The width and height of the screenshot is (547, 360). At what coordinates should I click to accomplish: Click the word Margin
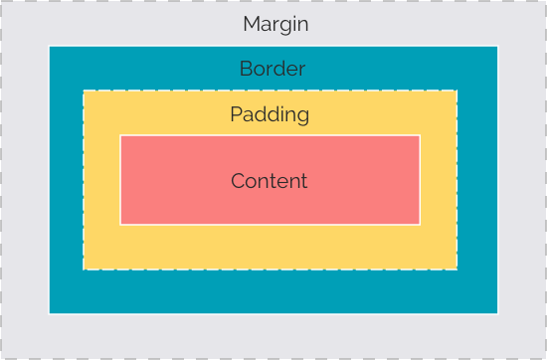pyautogui.click(x=275, y=24)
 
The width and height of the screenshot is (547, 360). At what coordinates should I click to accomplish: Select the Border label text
pyautogui.click(x=273, y=70)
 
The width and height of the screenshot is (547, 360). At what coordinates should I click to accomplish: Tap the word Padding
pyautogui.click(x=270, y=115)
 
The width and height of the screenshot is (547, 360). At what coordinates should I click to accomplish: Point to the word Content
pyautogui.click(x=270, y=181)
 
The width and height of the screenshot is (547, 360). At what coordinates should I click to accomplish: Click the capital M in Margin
pyautogui.click(x=252, y=24)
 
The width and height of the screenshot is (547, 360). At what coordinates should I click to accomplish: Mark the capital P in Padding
pyautogui.click(x=236, y=114)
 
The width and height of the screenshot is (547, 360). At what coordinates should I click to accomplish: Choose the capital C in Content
pyautogui.click(x=238, y=181)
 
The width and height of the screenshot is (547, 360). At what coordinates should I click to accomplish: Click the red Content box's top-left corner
pyautogui.click(x=120, y=135)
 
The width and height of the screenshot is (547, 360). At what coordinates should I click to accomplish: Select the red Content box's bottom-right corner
pyautogui.click(x=420, y=224)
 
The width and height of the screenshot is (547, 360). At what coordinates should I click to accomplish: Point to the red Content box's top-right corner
pyautogui.click(x=420, y=135)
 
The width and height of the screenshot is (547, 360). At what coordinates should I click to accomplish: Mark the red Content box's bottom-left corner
pyautogui.click(x=120, y=224)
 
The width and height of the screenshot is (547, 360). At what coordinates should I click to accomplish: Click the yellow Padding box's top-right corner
pyautogui.click(x=456, y=90)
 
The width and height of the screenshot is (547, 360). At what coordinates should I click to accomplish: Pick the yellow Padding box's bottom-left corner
pyautogui.click(x=84, y=270)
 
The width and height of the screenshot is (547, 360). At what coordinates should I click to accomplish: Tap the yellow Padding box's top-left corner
pyautogui.click(x=84, y=90)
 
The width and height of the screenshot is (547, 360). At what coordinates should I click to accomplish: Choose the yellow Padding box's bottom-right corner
pyautogui.click(x=456, y=270)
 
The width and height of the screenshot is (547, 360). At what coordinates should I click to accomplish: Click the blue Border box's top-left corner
pyautogui.click(x=49, y=46)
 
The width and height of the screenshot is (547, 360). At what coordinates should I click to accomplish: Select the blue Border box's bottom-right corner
pyautogui.click(x=497, y=313)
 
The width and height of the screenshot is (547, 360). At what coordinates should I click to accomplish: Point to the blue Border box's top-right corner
pyautogui.click(x=497, y=46)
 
